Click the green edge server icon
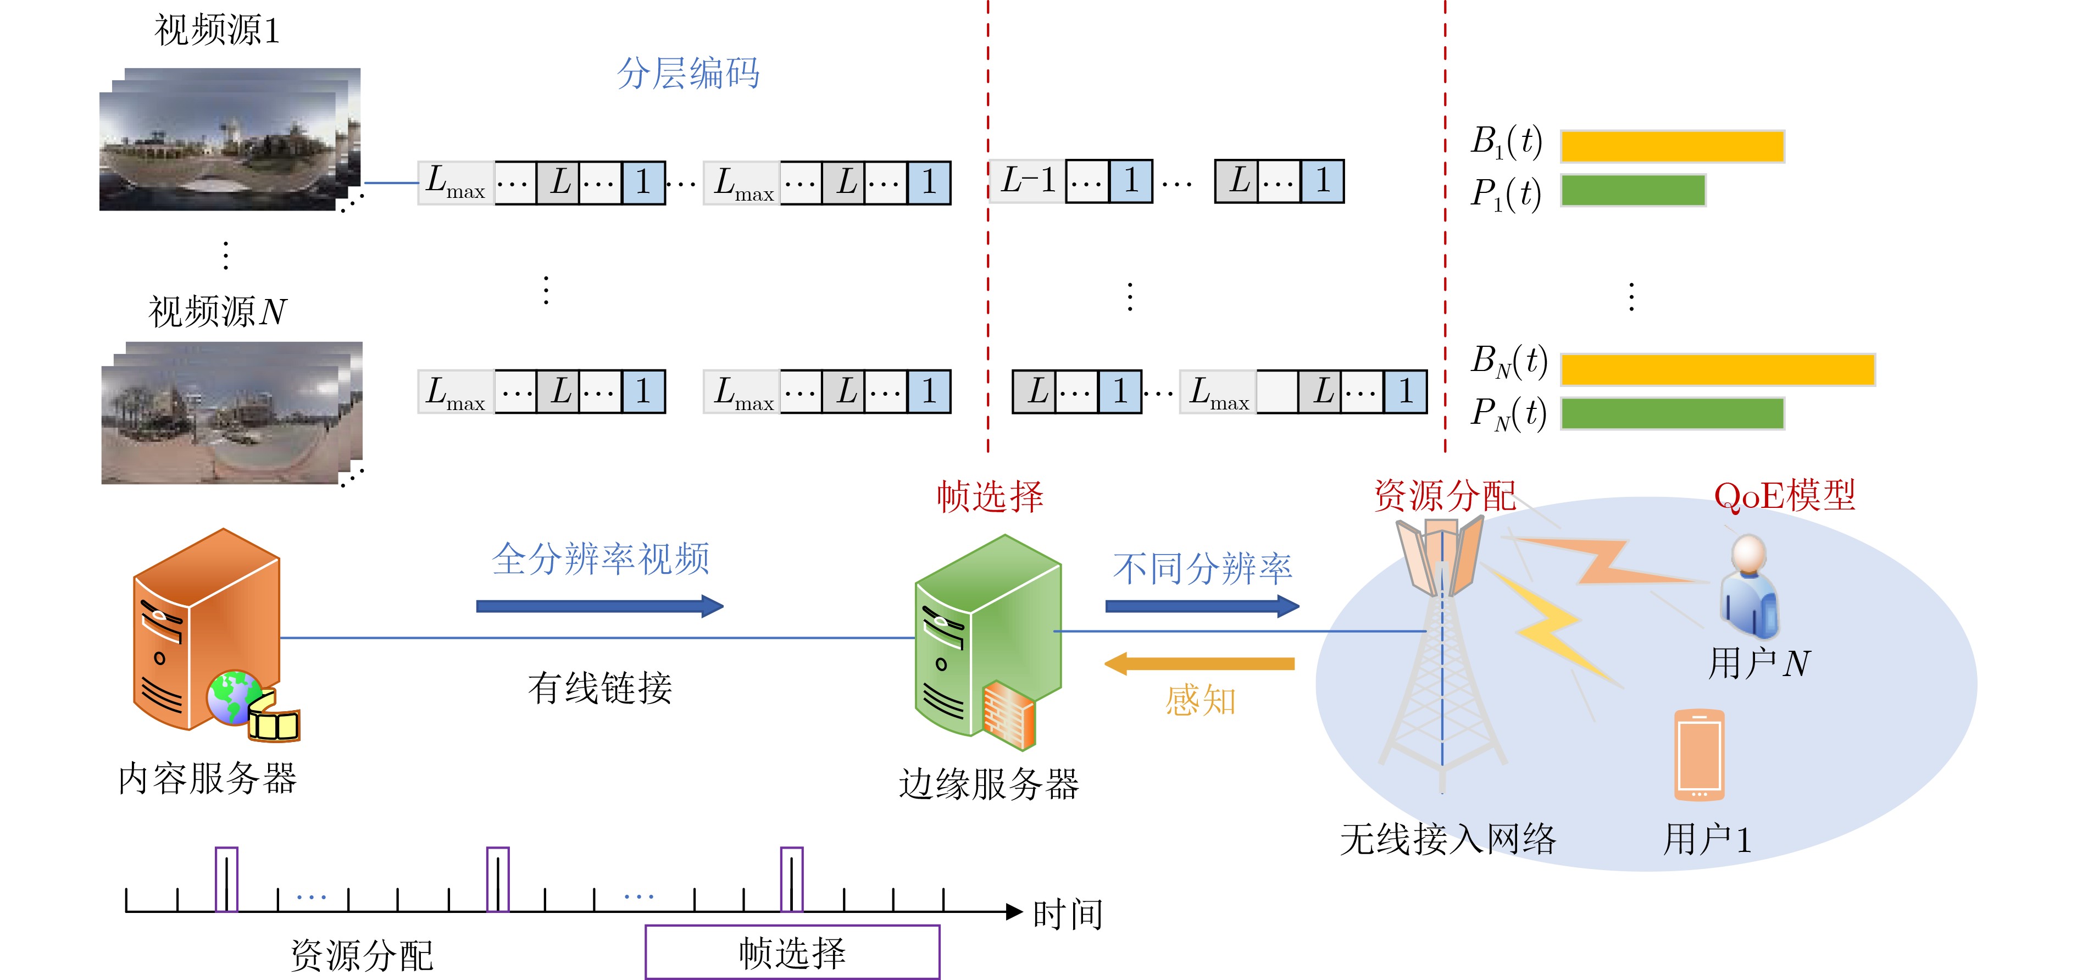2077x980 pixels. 988,637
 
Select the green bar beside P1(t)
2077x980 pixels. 1632,190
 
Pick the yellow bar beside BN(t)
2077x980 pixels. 1718,369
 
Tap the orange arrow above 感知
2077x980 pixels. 1199,664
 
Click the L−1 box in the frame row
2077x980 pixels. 1027,181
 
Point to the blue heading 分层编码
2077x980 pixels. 688,74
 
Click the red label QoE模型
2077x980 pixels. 1784,495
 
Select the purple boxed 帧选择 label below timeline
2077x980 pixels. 792,953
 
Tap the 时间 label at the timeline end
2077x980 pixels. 1068,915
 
